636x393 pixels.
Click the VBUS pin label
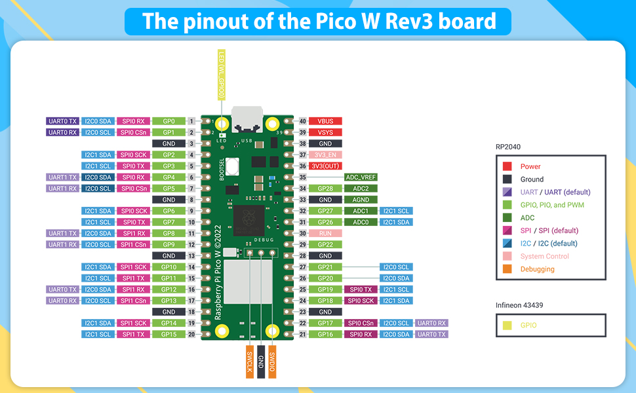click(325, 121)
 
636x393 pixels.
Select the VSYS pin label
click(325, 132)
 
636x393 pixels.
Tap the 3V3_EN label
click(325, 155)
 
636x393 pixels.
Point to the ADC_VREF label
click(361, 177)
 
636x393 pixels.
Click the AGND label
click(361, 200)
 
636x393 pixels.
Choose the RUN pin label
click(325, 233)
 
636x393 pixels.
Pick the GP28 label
click(325, 189)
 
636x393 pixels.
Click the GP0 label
click(169, 121)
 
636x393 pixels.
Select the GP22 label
click(325, 244)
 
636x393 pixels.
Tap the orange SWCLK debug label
click(249, 361)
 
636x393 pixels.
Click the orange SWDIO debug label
click(272, 361)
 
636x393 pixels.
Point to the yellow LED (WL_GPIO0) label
click(222, 75)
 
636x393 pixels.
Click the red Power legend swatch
click(507, 166)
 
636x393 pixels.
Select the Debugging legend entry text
click(537, 269)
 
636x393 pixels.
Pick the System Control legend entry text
click(544, 256)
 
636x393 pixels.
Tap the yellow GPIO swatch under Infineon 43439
click(507, 325)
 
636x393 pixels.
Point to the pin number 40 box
click(302, 121)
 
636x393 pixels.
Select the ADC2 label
click(361, 189)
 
